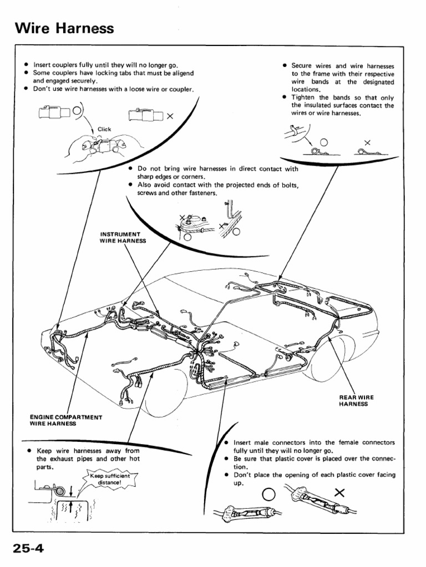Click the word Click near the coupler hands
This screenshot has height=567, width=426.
(x=104, y=129)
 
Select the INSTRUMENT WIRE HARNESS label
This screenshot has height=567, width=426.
(x=123, y=238)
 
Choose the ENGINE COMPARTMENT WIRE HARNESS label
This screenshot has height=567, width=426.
(x=65, y=420)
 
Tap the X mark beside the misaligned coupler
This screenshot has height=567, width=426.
(x=170, y=116)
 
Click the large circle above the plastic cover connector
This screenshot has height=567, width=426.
(x=268, y=493)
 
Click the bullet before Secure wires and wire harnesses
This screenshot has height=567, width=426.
(x=283, y=65)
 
